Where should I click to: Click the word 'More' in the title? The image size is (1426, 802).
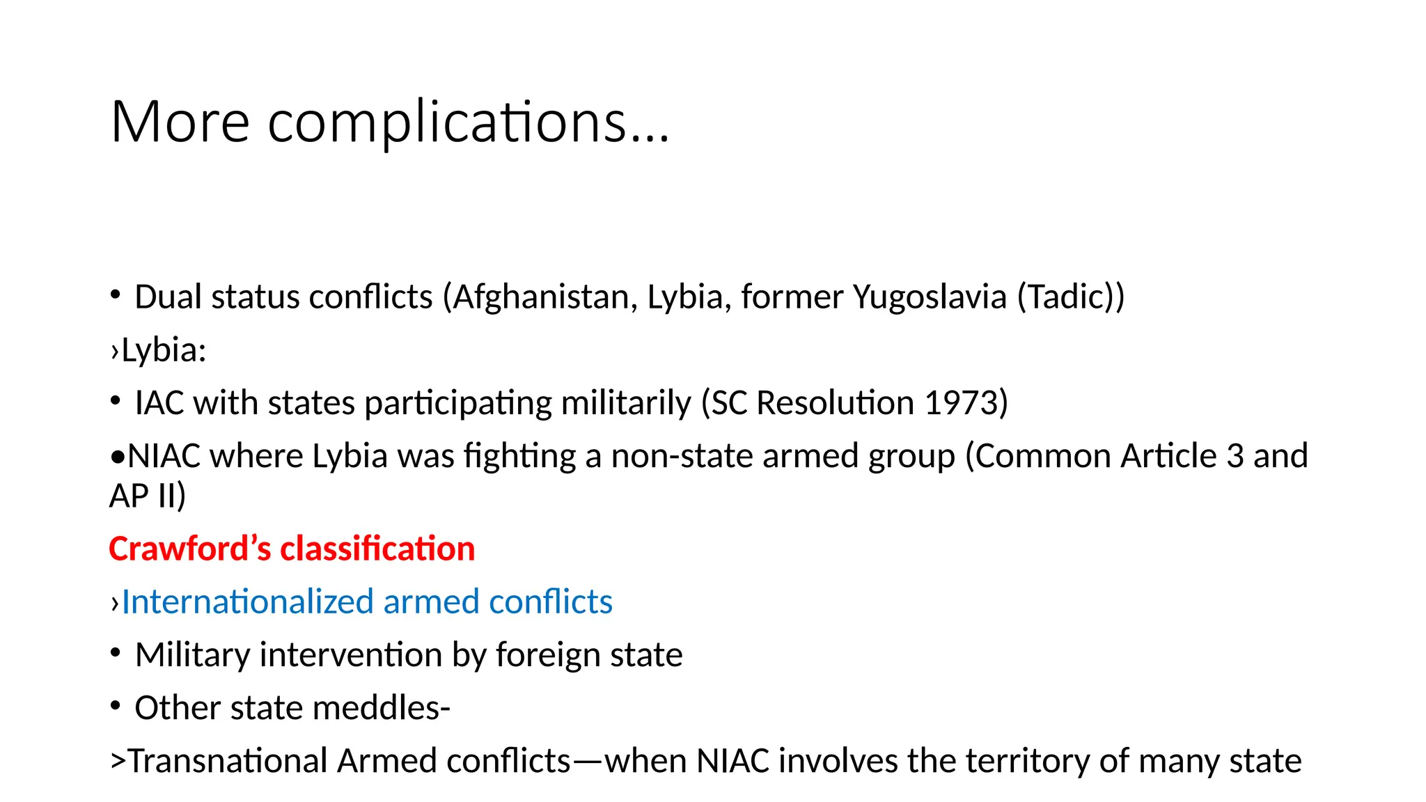[180, 122]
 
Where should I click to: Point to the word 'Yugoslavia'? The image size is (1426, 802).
[930, 297]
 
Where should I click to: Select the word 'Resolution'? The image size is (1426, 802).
[835, 403]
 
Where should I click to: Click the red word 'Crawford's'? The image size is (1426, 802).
[189, 549]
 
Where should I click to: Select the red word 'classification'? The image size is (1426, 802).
[377, 549]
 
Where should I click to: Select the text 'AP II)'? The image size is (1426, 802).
[148, 496]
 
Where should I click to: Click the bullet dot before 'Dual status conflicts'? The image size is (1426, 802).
[116, 294]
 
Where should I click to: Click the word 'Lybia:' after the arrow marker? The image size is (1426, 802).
[164, 350]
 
